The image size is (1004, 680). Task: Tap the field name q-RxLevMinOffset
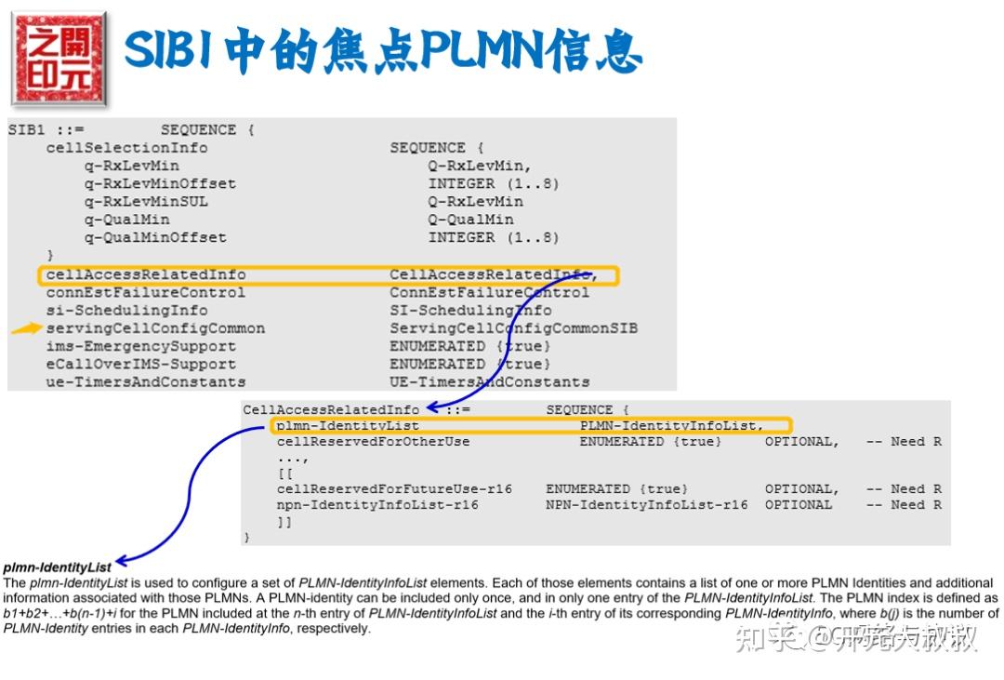tap(160, 183)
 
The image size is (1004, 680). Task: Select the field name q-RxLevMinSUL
tap(146, 201)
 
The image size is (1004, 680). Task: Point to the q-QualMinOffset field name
tap(155, 237)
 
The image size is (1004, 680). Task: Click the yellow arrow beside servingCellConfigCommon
tap(26, 328)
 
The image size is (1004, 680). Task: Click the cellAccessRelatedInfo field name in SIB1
tap(146, 274)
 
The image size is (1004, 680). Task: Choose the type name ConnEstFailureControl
tap(489, 292)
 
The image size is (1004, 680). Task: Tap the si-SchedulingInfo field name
tap(126, 310)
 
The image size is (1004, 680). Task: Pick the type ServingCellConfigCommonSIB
tap(513, 328)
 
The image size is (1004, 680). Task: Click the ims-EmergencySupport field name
tap(140, 346)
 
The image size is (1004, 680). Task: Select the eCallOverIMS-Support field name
tap(140, 364)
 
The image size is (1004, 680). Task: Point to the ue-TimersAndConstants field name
tap(146, 381)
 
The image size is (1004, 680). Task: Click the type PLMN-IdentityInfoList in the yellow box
tap(670, 426)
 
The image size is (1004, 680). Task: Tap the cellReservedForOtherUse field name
tap(373, 442)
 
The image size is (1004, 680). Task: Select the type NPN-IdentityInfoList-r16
tap(646, 505)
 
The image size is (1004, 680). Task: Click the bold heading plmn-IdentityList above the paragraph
tap(58, 567)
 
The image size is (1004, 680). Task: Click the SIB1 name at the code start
tap(27, 129)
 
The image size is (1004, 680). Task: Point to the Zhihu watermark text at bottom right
tap(855, 638)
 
